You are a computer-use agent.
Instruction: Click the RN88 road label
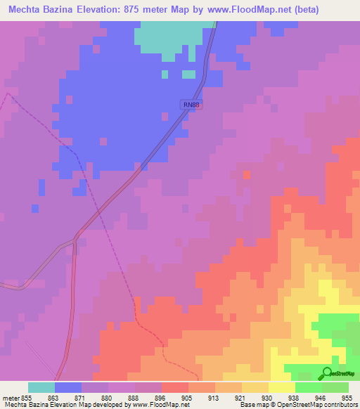pos(191,105)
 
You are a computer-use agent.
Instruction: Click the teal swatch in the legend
pos(41,387)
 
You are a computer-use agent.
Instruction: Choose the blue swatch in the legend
pos(68,387)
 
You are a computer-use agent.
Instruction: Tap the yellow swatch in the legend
pos(282,387)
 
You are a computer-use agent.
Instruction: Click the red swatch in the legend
pos(175,387)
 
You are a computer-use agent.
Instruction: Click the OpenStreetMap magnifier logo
pos(327,372)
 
